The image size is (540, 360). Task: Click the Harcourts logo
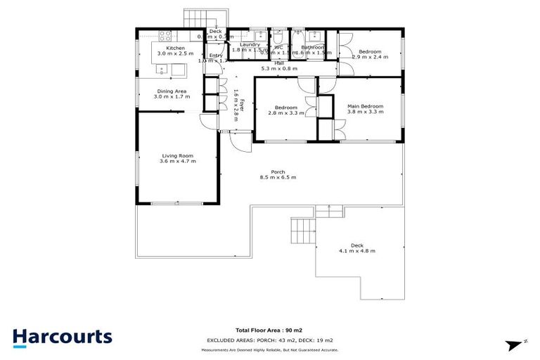coord(63,337)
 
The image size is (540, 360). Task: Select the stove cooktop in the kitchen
coord(166,35)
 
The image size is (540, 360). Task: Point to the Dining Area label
coord(171,91)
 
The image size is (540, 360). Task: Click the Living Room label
coord(177,155)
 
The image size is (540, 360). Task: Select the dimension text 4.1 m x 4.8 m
coord(357,251)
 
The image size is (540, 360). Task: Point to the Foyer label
coord(240,105)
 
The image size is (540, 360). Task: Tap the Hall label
coord(279,63)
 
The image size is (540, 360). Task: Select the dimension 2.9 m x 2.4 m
coord(370,58)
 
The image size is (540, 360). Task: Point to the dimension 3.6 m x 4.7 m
coord(177,162)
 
